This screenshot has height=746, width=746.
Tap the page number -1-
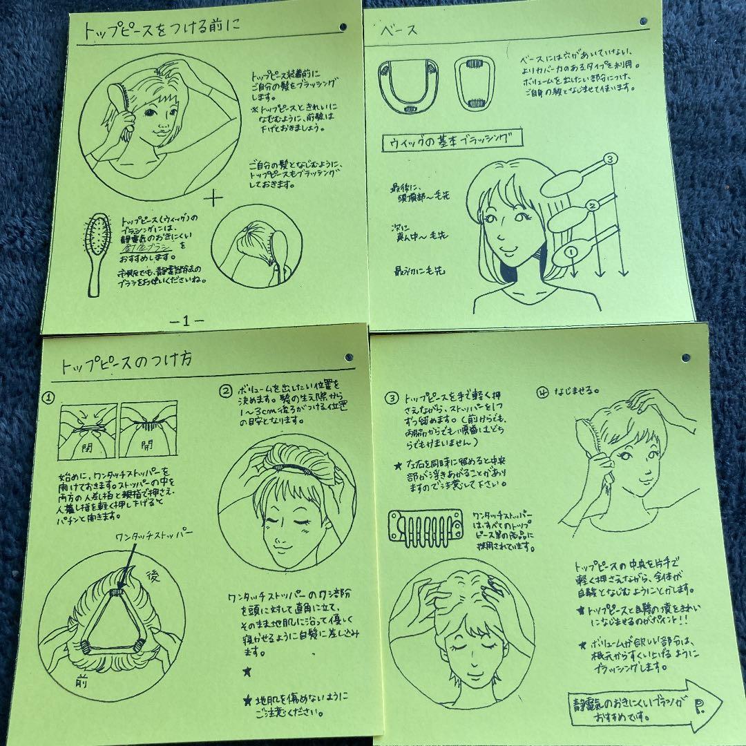point(186,321)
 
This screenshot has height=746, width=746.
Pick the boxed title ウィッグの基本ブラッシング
point(452,140)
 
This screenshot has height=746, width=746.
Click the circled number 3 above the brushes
point(609,160)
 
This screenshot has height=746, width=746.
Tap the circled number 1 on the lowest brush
point(571,251)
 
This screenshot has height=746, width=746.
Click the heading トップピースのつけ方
point(126,361)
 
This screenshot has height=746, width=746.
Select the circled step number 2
point(225,391)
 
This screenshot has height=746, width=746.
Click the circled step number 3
point(392,397)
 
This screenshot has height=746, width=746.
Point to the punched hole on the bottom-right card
point(685,358)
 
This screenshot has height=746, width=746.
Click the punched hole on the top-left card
point(343,27)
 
